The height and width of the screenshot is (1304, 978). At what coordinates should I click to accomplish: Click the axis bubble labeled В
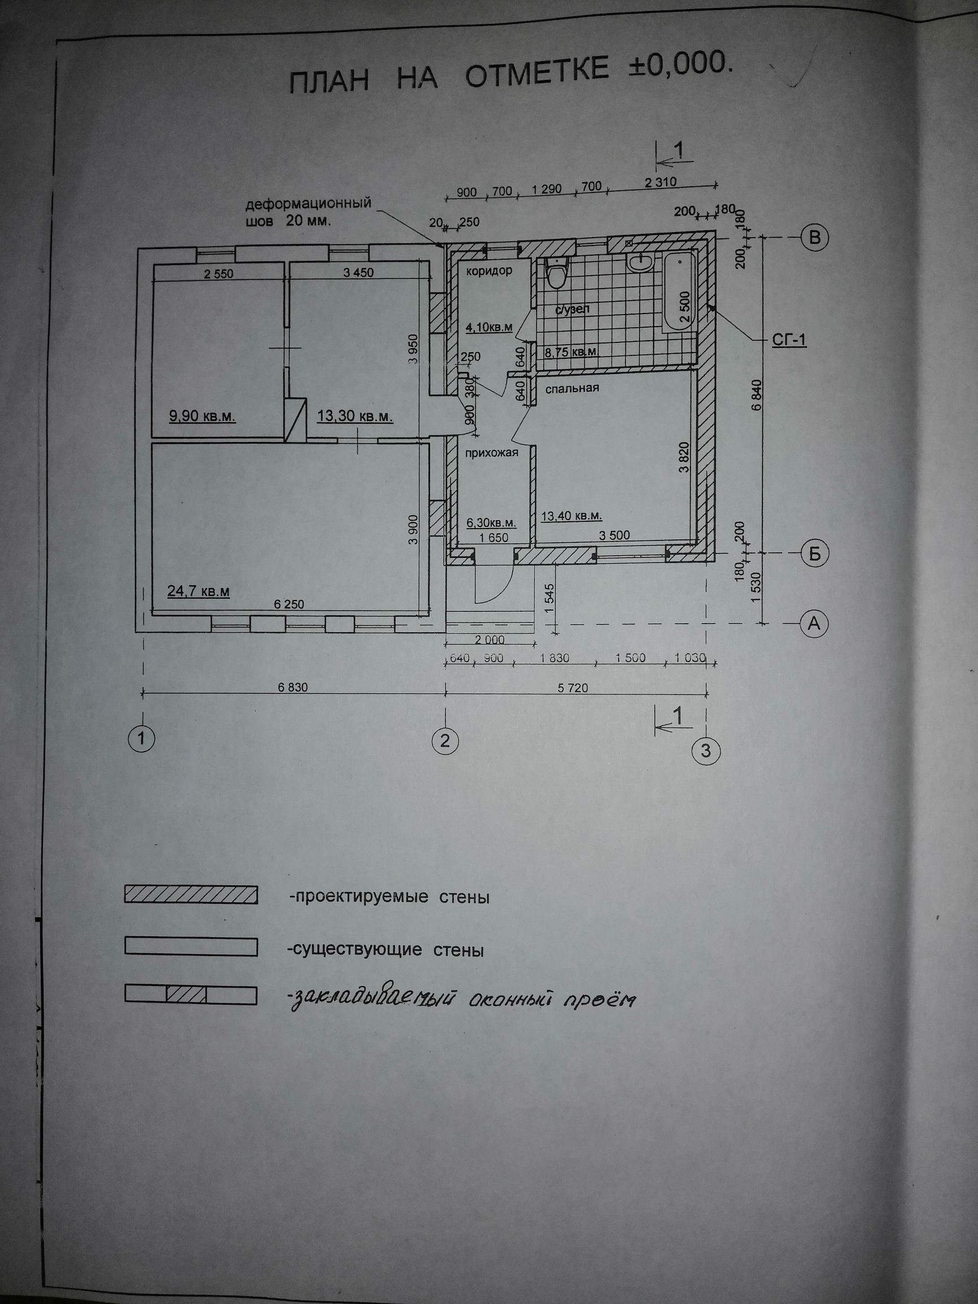click(814, 238)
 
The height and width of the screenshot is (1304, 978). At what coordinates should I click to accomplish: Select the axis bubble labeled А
click(813, 623)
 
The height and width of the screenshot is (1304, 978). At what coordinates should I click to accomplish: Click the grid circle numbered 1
click(143, 737)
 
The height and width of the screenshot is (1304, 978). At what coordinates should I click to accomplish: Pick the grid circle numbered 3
click(706, 750)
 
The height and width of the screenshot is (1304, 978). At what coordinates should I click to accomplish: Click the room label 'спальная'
click(572, 388)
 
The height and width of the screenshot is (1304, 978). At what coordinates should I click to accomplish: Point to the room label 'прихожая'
click(492, 453)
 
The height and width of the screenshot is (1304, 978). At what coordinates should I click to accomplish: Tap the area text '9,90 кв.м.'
click(202, 417)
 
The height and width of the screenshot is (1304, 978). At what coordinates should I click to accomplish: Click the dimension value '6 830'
click(293, 687)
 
